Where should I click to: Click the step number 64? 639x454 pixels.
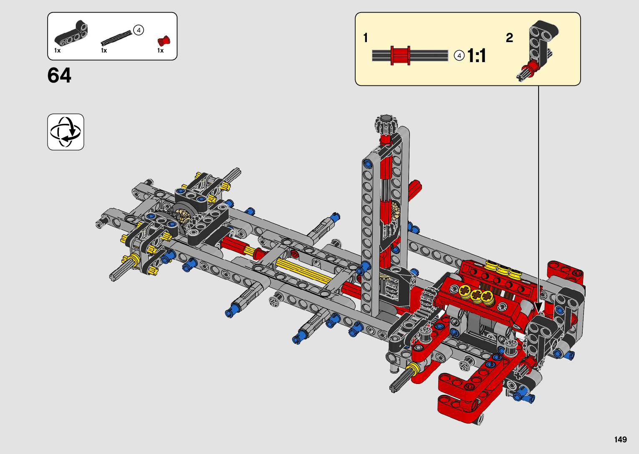click(x=59, y=75)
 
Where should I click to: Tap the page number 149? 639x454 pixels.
click(x=621, y=440)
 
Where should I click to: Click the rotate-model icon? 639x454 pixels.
click(x=66, y=132)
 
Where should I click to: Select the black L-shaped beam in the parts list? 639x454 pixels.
click(x=71, y=33)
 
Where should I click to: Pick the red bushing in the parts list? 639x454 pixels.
click(x=164, y=41)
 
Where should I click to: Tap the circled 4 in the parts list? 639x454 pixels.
click(x=139, y=30)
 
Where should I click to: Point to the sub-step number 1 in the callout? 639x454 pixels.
click(x=366, y=38)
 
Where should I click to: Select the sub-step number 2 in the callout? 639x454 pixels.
click(x=509, y=38)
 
